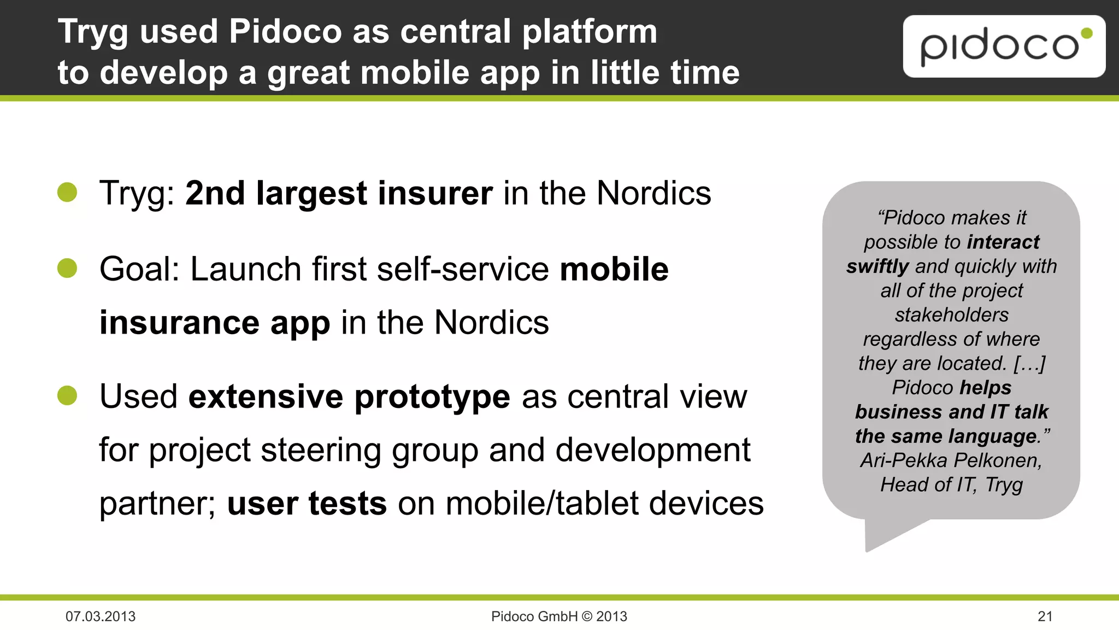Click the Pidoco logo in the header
tap(1003, 46)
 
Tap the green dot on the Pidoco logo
tap(1087, 33)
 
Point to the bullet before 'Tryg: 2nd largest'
tap(67, 192)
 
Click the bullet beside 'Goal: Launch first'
tap(67, 268)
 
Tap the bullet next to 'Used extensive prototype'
tap(67, 395)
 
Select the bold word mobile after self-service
tap(614, 269)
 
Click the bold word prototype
tap(432, 398)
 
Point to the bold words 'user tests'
tap(307, 503)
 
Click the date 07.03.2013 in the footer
tap(101, 616)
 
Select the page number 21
tap(1045, 616)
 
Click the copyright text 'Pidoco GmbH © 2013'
tap(559, 616)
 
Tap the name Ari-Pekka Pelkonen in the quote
tap(951, 460)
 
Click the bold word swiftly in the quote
tap(877, 266)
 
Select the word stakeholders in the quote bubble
tap(951, 315)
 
